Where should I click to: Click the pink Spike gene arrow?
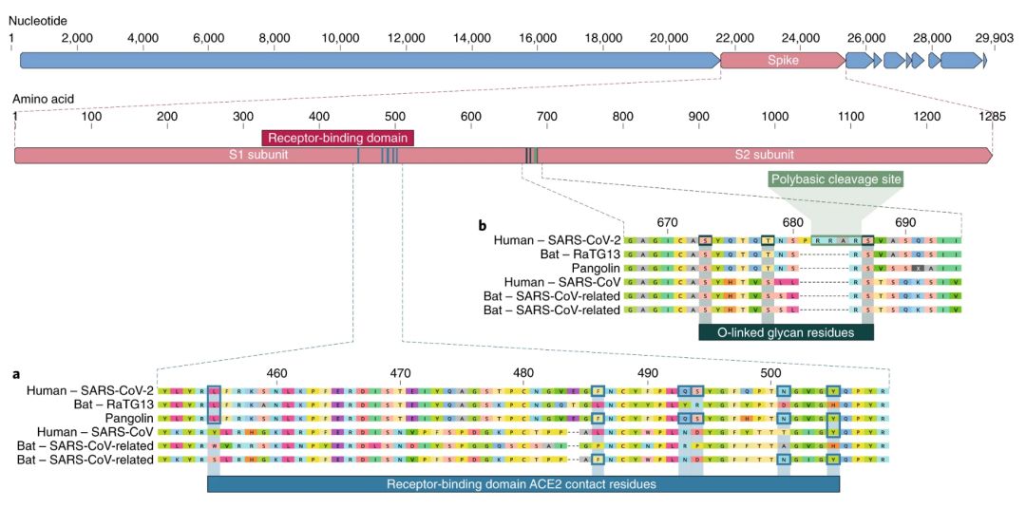[782, 61]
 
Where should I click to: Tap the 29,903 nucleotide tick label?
[994, 37]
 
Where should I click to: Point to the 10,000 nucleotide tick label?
[339, 37]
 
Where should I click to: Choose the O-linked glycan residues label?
[786, 332]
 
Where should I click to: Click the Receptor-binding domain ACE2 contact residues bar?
[522, 484]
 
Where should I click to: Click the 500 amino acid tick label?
[470, 116]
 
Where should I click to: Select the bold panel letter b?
[483, 226]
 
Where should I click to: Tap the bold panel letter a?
[16, 374]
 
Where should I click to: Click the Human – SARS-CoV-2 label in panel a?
[90, 390]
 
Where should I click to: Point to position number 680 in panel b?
[791, 222]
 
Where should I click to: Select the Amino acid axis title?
[43, 98]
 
